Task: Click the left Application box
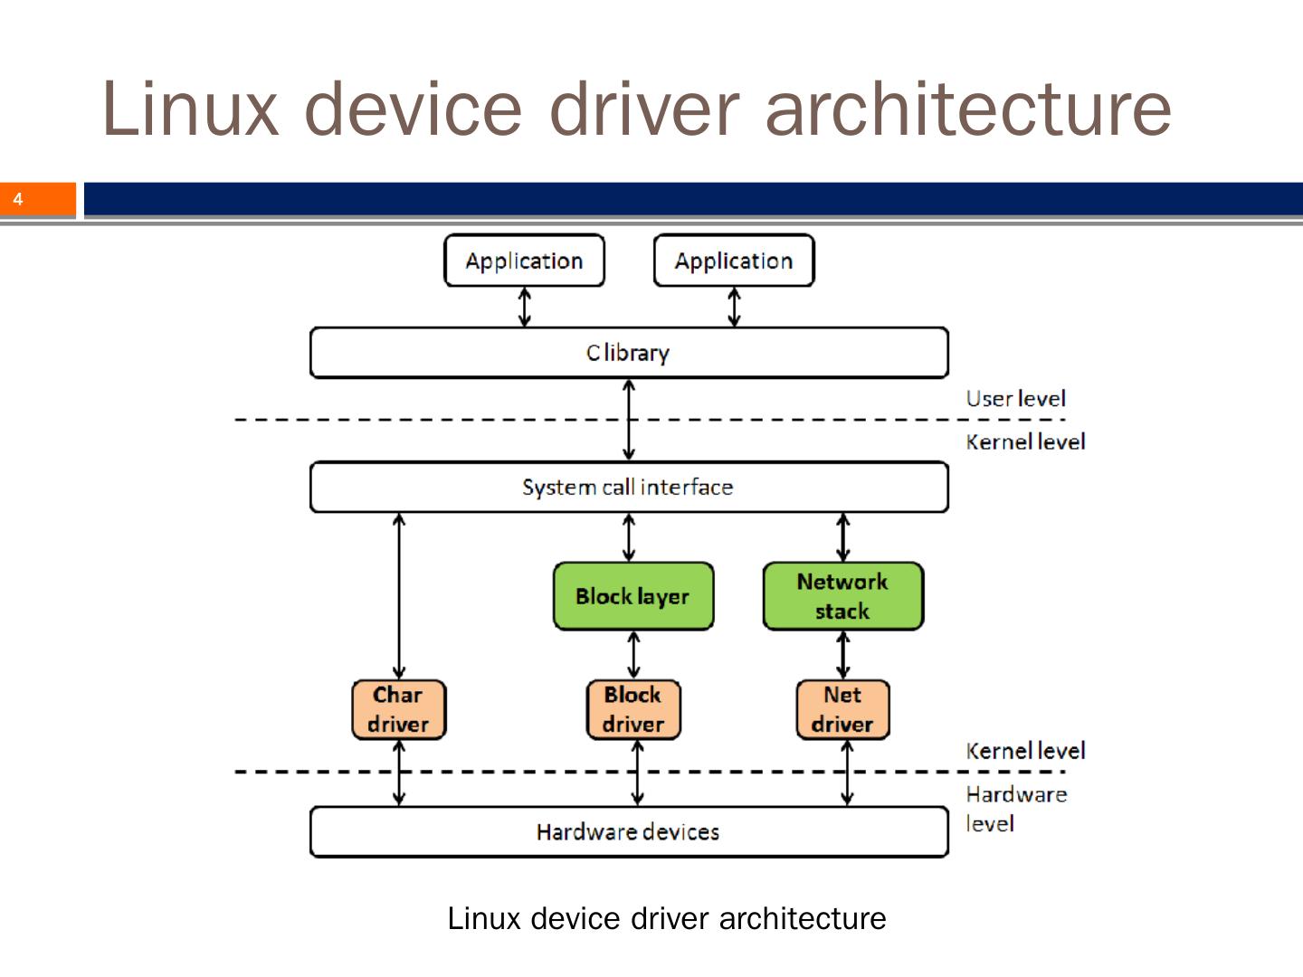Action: pos(524,261)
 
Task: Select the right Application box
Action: pos(733,261)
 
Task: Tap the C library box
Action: pos(629,353)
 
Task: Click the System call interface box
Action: pos(629,487)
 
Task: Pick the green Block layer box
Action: pos(632,596)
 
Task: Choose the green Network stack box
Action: pos(842,596)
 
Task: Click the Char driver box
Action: pos(398,709)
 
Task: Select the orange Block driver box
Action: pos(632,709)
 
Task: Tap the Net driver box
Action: pos(842,709)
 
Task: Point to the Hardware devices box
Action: pos(629,831)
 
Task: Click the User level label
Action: pos(1015,399)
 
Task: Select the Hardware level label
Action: pos(1015,809)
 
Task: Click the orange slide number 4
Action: pos(18,199)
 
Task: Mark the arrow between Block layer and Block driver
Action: pos(633,655)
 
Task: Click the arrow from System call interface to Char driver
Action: pos(399,597)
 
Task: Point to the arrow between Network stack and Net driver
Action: pos(843,655)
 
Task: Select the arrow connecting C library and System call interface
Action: pos(629,420)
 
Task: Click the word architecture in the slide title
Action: pos(968,109)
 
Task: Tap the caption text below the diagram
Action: pos(667,918)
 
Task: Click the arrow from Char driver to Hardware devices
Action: pos(399,773)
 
